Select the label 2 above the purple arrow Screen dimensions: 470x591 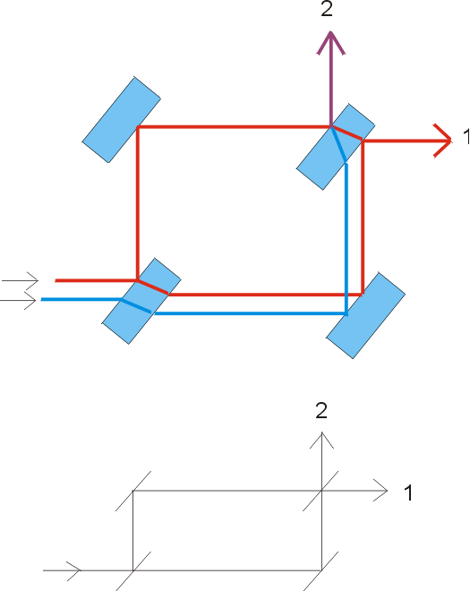pyautogui.click(x=327, y=9)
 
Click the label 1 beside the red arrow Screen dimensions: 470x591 pyautogui.click(x=466, y=136)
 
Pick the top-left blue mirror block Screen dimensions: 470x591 pyautogui.click(x=122, y=120)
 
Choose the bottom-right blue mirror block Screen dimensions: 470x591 pyautogui.click(x=365, y=315)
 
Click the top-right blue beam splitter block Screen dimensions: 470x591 pyautogui.click(x=336, y=147)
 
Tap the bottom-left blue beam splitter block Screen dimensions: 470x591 pyautogui.click(x=141, y=301)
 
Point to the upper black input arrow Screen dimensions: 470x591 pyautogui.click(x=20, y=280)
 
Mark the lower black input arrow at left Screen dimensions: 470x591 pyautogui.click(x=18, y=300)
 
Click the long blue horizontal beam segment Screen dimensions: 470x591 pyautogui.click(x=251, y=313)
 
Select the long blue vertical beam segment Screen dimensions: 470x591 pyautogui.click(x=346, y=238)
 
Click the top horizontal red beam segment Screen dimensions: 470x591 pyautogui.click(x=234, y=127)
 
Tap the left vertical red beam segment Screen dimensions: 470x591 pyautogui.click(x=138, y=203)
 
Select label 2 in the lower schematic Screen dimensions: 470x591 pyautogui.click(x=321, y=411)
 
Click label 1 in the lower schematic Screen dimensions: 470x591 pyautogui.click(x=408, y=492)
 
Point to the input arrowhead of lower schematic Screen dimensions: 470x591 pyautogui.click(x=74, y=570)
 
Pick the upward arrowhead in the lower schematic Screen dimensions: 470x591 pyautogui.click(x=321, y=441)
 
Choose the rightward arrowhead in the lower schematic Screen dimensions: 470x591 pyautogui.click(x=380, y=491)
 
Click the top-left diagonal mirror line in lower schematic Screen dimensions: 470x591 pyautogui.click(x=133, y=491)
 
